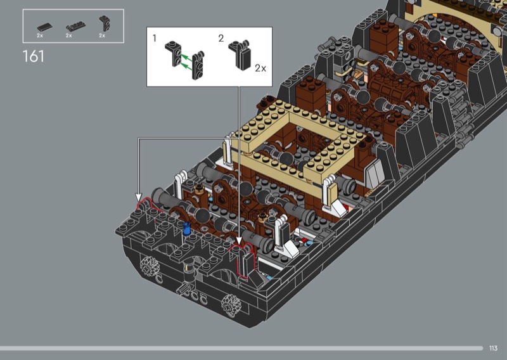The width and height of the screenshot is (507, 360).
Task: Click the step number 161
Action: [x=34, y=56]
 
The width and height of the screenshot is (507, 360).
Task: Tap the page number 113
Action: [x=493, y=348]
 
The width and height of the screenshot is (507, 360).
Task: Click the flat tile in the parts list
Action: [x=44, y=27]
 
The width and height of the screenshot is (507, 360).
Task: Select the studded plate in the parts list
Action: [x=75, y=26]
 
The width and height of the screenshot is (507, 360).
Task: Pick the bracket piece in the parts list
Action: [x=104, y=23]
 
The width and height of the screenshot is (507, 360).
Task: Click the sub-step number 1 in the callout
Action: [x=155, y=38]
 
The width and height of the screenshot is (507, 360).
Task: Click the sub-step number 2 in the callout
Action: [x=221, y=39]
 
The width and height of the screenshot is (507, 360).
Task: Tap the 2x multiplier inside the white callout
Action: [x=260, y=68]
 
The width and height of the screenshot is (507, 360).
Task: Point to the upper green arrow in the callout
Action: [x=186, y=58]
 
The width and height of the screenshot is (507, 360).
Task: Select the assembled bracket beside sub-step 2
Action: [x=240, y=55]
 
